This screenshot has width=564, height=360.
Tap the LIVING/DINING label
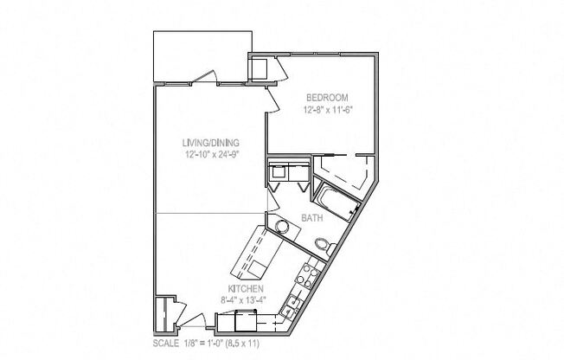point(210,143)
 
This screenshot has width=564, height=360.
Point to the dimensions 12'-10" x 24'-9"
point(210,155)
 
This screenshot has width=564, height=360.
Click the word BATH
point(312,218)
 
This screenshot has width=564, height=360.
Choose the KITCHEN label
point(246,288)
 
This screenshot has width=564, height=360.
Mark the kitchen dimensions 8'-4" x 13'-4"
point(246,299)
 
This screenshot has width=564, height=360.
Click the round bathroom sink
point(281,227)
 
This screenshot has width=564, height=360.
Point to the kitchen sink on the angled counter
point(292,302)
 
